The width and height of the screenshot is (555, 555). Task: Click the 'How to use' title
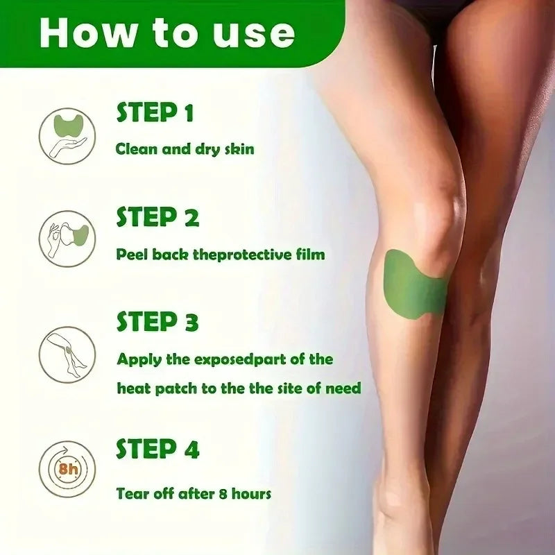[167, 33]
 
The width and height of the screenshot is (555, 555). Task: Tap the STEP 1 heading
[155, 112]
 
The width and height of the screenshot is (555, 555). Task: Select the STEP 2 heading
[157, 216]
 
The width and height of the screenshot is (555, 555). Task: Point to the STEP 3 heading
[157, 321]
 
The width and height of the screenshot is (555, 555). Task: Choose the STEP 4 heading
[157, 448]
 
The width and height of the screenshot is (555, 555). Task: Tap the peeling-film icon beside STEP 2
[67, 239]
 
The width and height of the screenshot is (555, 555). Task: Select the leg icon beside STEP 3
[67, 355]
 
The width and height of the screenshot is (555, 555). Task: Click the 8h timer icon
[67, 469]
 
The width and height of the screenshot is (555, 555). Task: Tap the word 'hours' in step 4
[251, 493]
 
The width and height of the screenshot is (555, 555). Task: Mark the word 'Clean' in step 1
[136, 149]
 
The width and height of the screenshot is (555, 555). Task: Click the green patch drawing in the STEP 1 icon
[69, 125]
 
